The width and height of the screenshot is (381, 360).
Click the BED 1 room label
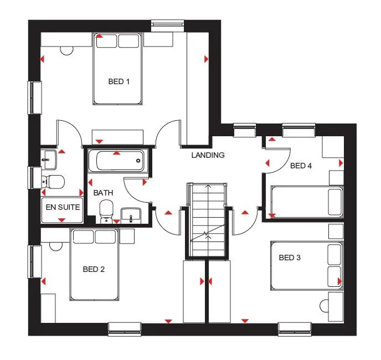click(119, 82)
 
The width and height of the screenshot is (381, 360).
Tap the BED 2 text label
click(94, 270)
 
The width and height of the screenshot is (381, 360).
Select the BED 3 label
click(290, 258)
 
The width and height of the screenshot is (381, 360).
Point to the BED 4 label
click(301, 166)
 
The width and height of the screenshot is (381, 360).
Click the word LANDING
click(208, 155)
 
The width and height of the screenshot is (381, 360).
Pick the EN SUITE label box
click(61, 208)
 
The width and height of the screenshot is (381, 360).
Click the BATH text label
click(103, 193)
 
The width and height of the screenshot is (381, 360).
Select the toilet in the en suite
click(53, 181)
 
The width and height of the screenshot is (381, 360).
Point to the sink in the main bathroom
click(130, 215)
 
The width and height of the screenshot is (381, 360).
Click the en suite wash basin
click(49, 158)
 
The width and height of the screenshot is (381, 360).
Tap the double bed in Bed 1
click(119, 69)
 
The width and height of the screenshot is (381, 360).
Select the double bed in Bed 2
click(94, 264)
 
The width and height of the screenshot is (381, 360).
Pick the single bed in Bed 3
click(306, 266)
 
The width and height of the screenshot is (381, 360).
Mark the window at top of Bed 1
click(168, 23)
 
